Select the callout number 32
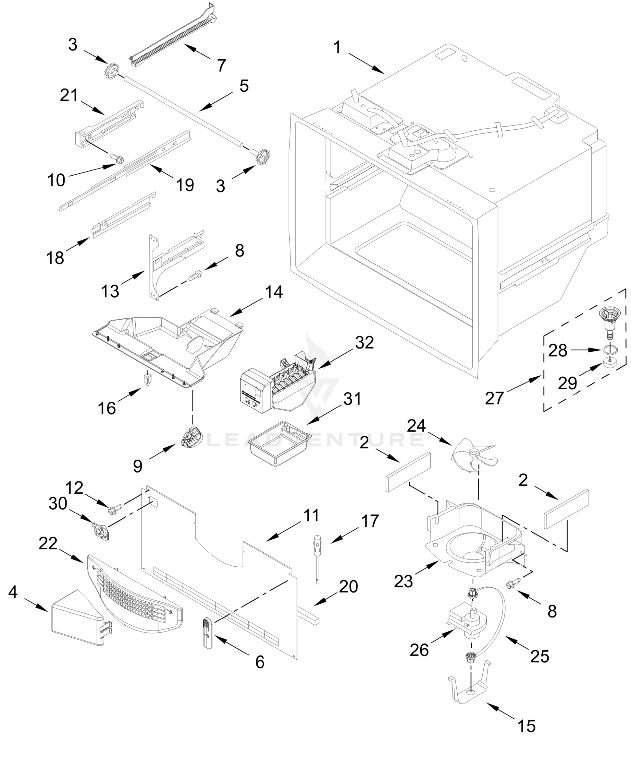[364, 342]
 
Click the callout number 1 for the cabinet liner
[337, 48]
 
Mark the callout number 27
[494, 398]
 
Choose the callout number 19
[185, 185]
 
